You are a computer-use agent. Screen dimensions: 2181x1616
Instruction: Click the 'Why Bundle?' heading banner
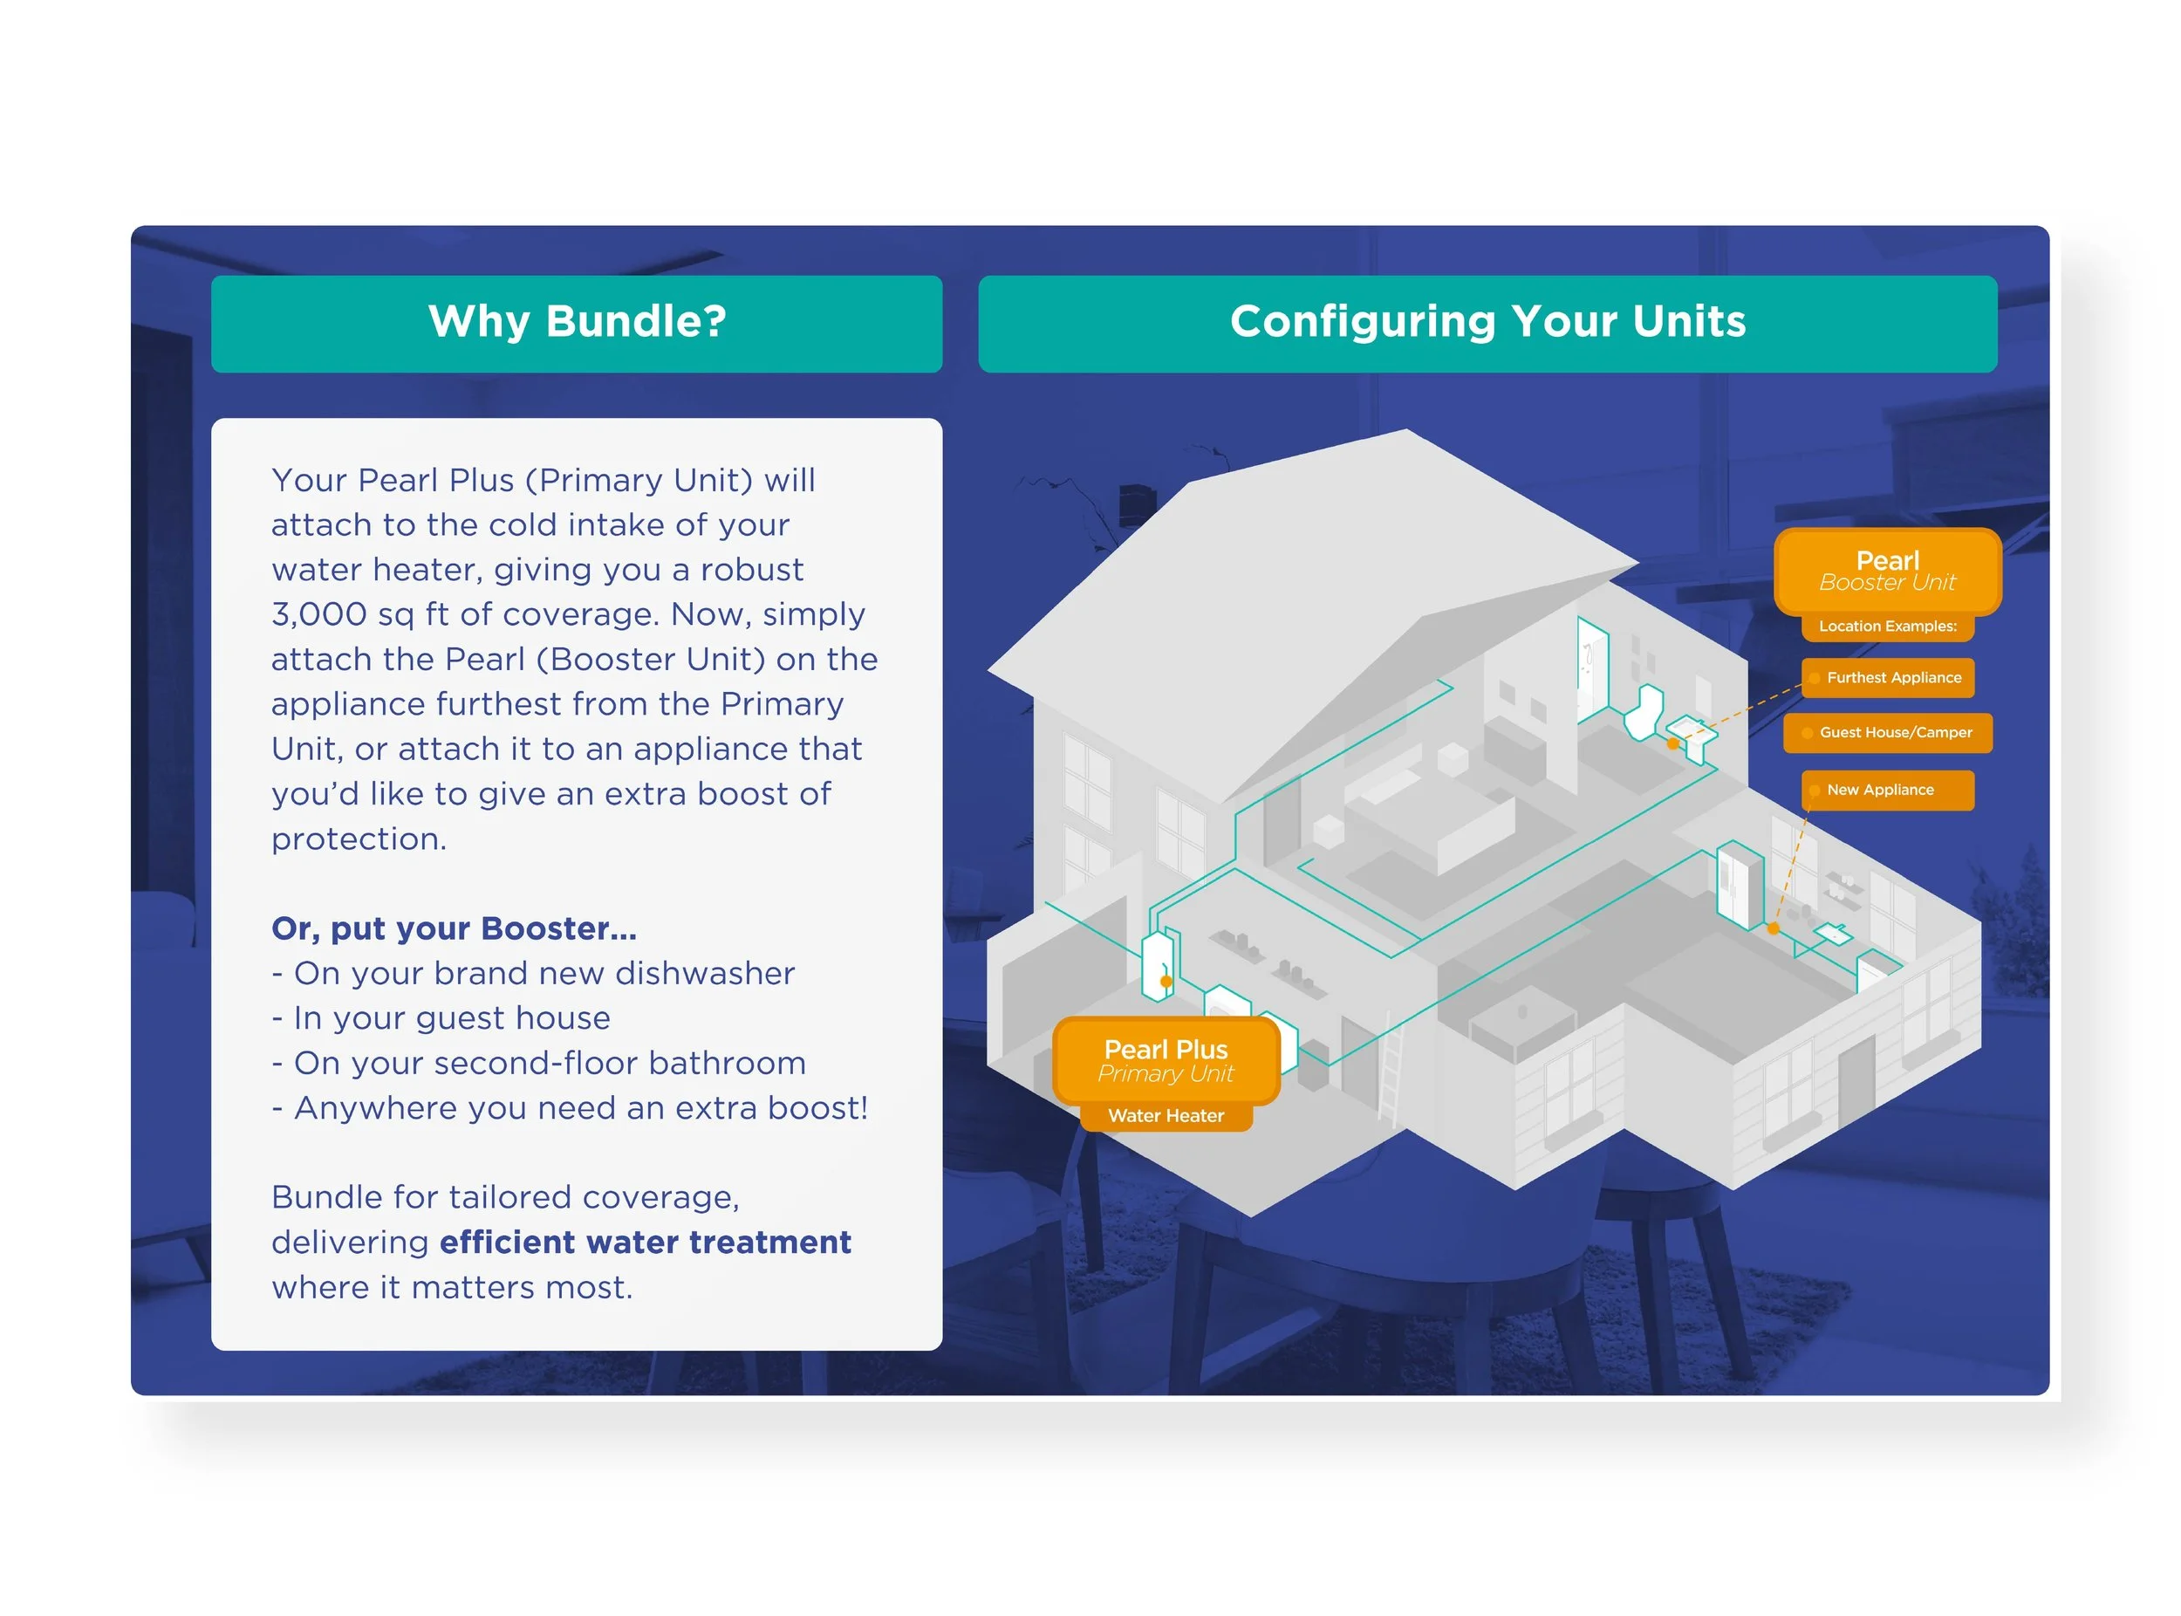click(576, 323)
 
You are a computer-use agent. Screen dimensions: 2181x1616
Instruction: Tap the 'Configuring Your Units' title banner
click(1487, 323)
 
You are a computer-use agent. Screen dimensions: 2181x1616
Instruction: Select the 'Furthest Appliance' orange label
click(1887, 678)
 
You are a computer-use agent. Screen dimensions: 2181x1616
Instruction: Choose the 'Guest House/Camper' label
click(1887, 733)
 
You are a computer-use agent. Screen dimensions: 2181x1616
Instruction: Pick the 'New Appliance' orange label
click(1887, 791)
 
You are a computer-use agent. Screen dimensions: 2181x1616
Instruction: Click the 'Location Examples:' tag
click(1887, 626)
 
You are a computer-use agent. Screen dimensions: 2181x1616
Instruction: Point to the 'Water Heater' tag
click(1166, 1116)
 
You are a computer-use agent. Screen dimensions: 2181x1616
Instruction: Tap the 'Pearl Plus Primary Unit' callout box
click(1166, 1060)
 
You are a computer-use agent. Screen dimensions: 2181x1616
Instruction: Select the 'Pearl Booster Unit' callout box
click(1887, 572)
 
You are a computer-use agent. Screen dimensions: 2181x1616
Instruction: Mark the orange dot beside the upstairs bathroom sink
click(1673, 744)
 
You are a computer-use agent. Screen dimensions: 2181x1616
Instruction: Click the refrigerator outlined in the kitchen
click(1739, 886)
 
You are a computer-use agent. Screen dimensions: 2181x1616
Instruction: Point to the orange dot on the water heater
click(1166, 981)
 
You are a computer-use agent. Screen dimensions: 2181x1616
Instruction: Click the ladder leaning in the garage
click(1391, 1072)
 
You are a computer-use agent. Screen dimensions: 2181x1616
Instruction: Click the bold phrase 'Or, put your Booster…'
click(454, 928)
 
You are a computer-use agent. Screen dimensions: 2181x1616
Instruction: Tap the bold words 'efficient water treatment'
click(645, 1243)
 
